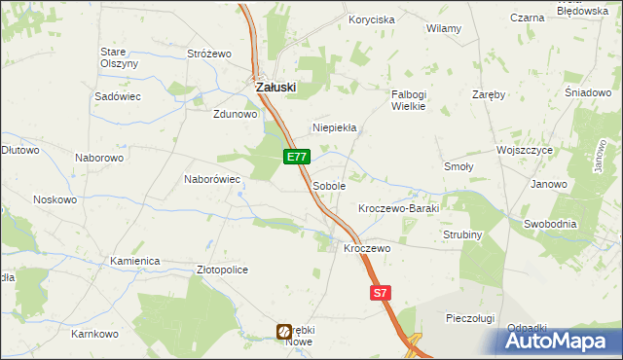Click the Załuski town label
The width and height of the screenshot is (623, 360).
click(x=275, y=87)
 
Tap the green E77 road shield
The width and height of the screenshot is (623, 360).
click(x=298, y=157)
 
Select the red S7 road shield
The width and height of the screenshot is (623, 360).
click(x=381, y=292)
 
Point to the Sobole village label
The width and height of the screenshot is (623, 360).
click(x=329, y=185)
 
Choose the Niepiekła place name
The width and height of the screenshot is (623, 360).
click(x=335, y=127)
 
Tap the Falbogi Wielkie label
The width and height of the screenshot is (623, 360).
click(x=409, y=100)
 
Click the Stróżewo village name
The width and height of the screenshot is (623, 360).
click(x=207, y=54)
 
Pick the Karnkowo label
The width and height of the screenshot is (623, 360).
click(x=94, y=334)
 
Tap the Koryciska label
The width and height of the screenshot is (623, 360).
click(x=372, y=19)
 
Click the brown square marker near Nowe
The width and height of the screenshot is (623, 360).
click(x=284, y=332)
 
